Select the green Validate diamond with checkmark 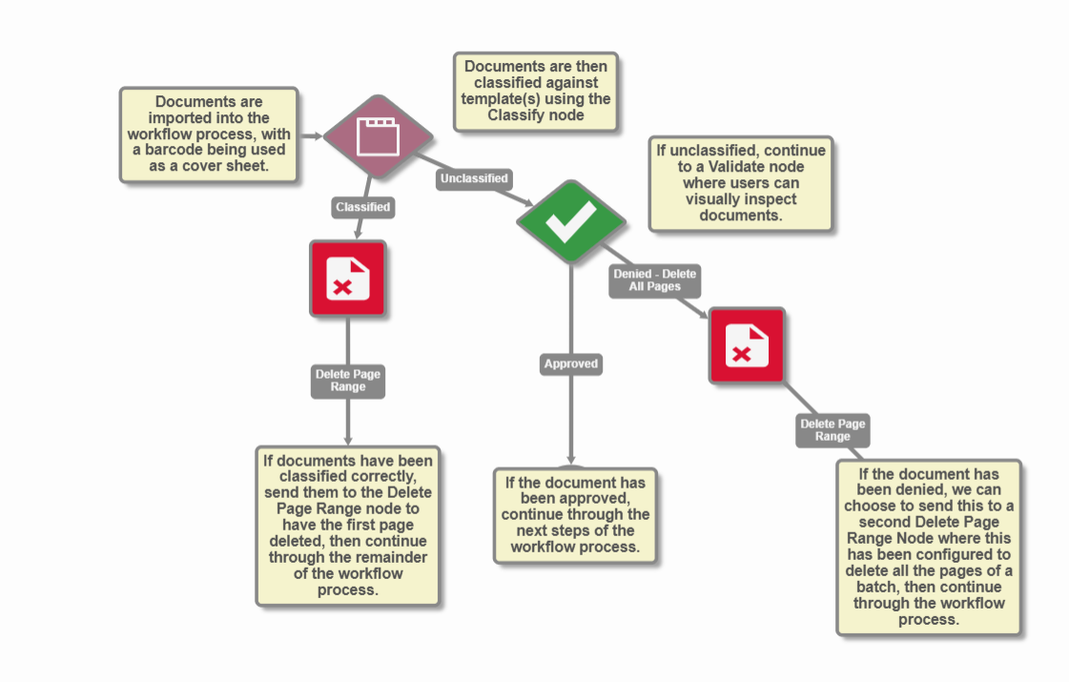pos(571,221)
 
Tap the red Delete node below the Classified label pos(347,278)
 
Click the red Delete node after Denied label pos(746,345)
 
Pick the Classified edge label pos(362,206)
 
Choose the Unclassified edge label pos(474,178)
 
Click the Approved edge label pos(571,363)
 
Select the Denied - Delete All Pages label pos(655,279)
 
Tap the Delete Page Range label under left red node pos(348,381)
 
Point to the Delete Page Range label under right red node pos(833,430)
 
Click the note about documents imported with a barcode pos(209,134)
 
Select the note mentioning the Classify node pos(535,92)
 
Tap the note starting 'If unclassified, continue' pos(741,183)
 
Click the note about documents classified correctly pos(348,525)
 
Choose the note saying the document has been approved pos(575,515)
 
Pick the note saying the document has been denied pos(929,547)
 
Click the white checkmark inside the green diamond pos(571,221)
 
